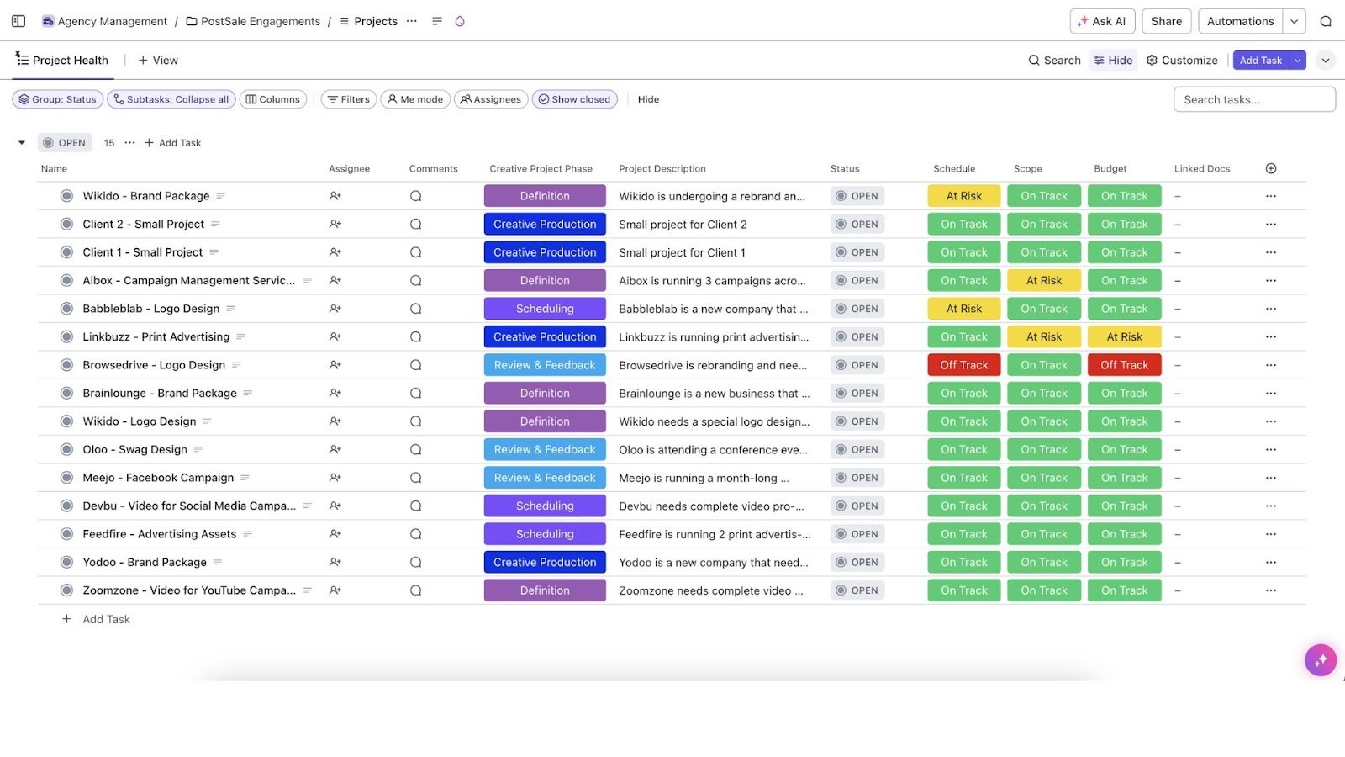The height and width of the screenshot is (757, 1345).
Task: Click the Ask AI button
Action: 1102,21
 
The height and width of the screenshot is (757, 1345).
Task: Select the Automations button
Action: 1240,21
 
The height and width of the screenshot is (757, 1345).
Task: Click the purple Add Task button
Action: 1260,61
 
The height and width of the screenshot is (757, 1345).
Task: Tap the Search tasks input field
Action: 1253,99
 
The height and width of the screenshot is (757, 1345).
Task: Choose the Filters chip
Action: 348,99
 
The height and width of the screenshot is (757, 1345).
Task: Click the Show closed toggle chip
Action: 574,99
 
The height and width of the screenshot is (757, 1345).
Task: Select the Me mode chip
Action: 414,99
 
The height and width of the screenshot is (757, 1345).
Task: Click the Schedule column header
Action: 954,169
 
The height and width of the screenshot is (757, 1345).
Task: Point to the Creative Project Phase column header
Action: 541,169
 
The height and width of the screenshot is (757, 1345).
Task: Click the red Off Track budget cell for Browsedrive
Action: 1124,365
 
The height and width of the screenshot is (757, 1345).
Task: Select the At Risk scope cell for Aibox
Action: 1043,281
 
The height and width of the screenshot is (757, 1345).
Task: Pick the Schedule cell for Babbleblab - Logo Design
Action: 963,309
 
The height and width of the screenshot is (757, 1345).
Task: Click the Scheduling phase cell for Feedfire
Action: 545,534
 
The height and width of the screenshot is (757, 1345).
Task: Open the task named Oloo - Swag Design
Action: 134,450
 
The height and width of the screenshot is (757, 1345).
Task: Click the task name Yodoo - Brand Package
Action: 144,563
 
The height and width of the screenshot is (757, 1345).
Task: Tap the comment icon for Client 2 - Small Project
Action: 415,225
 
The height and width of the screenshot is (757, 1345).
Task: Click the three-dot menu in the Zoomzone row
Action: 1270,590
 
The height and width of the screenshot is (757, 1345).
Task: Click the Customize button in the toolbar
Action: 1182,61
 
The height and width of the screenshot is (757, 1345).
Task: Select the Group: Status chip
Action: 57,99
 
